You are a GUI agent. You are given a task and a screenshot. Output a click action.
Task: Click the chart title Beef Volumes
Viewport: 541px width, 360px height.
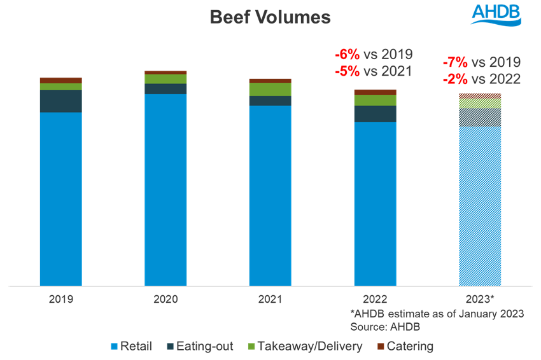point(270,17)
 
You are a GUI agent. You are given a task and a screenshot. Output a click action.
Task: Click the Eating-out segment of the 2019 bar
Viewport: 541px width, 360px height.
point(60,101)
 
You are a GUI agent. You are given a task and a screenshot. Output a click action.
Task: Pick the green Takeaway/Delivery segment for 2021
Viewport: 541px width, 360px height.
point(270,89)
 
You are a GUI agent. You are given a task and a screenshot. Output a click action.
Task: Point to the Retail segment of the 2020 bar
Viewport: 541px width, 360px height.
point(165,190)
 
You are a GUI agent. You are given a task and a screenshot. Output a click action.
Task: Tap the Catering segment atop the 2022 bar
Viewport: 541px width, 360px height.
point(375,92)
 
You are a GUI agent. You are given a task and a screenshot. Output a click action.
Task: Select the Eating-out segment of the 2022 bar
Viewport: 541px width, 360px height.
point(375,113)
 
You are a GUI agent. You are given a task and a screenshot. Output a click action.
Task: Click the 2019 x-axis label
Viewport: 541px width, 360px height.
point(60,299)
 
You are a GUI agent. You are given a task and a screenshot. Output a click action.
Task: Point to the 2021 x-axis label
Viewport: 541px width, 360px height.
point(270,299)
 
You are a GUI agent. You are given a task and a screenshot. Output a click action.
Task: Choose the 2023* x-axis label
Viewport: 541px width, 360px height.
point(480,299)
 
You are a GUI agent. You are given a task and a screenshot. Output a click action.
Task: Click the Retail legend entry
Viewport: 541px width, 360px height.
point(132,346)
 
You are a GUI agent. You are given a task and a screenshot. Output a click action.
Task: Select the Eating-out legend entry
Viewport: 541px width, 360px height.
point(199,346)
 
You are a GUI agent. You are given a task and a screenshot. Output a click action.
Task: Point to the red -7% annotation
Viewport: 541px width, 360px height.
point(455,62)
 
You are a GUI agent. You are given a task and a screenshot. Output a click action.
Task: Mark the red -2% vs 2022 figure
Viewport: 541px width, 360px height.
point(455,79)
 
